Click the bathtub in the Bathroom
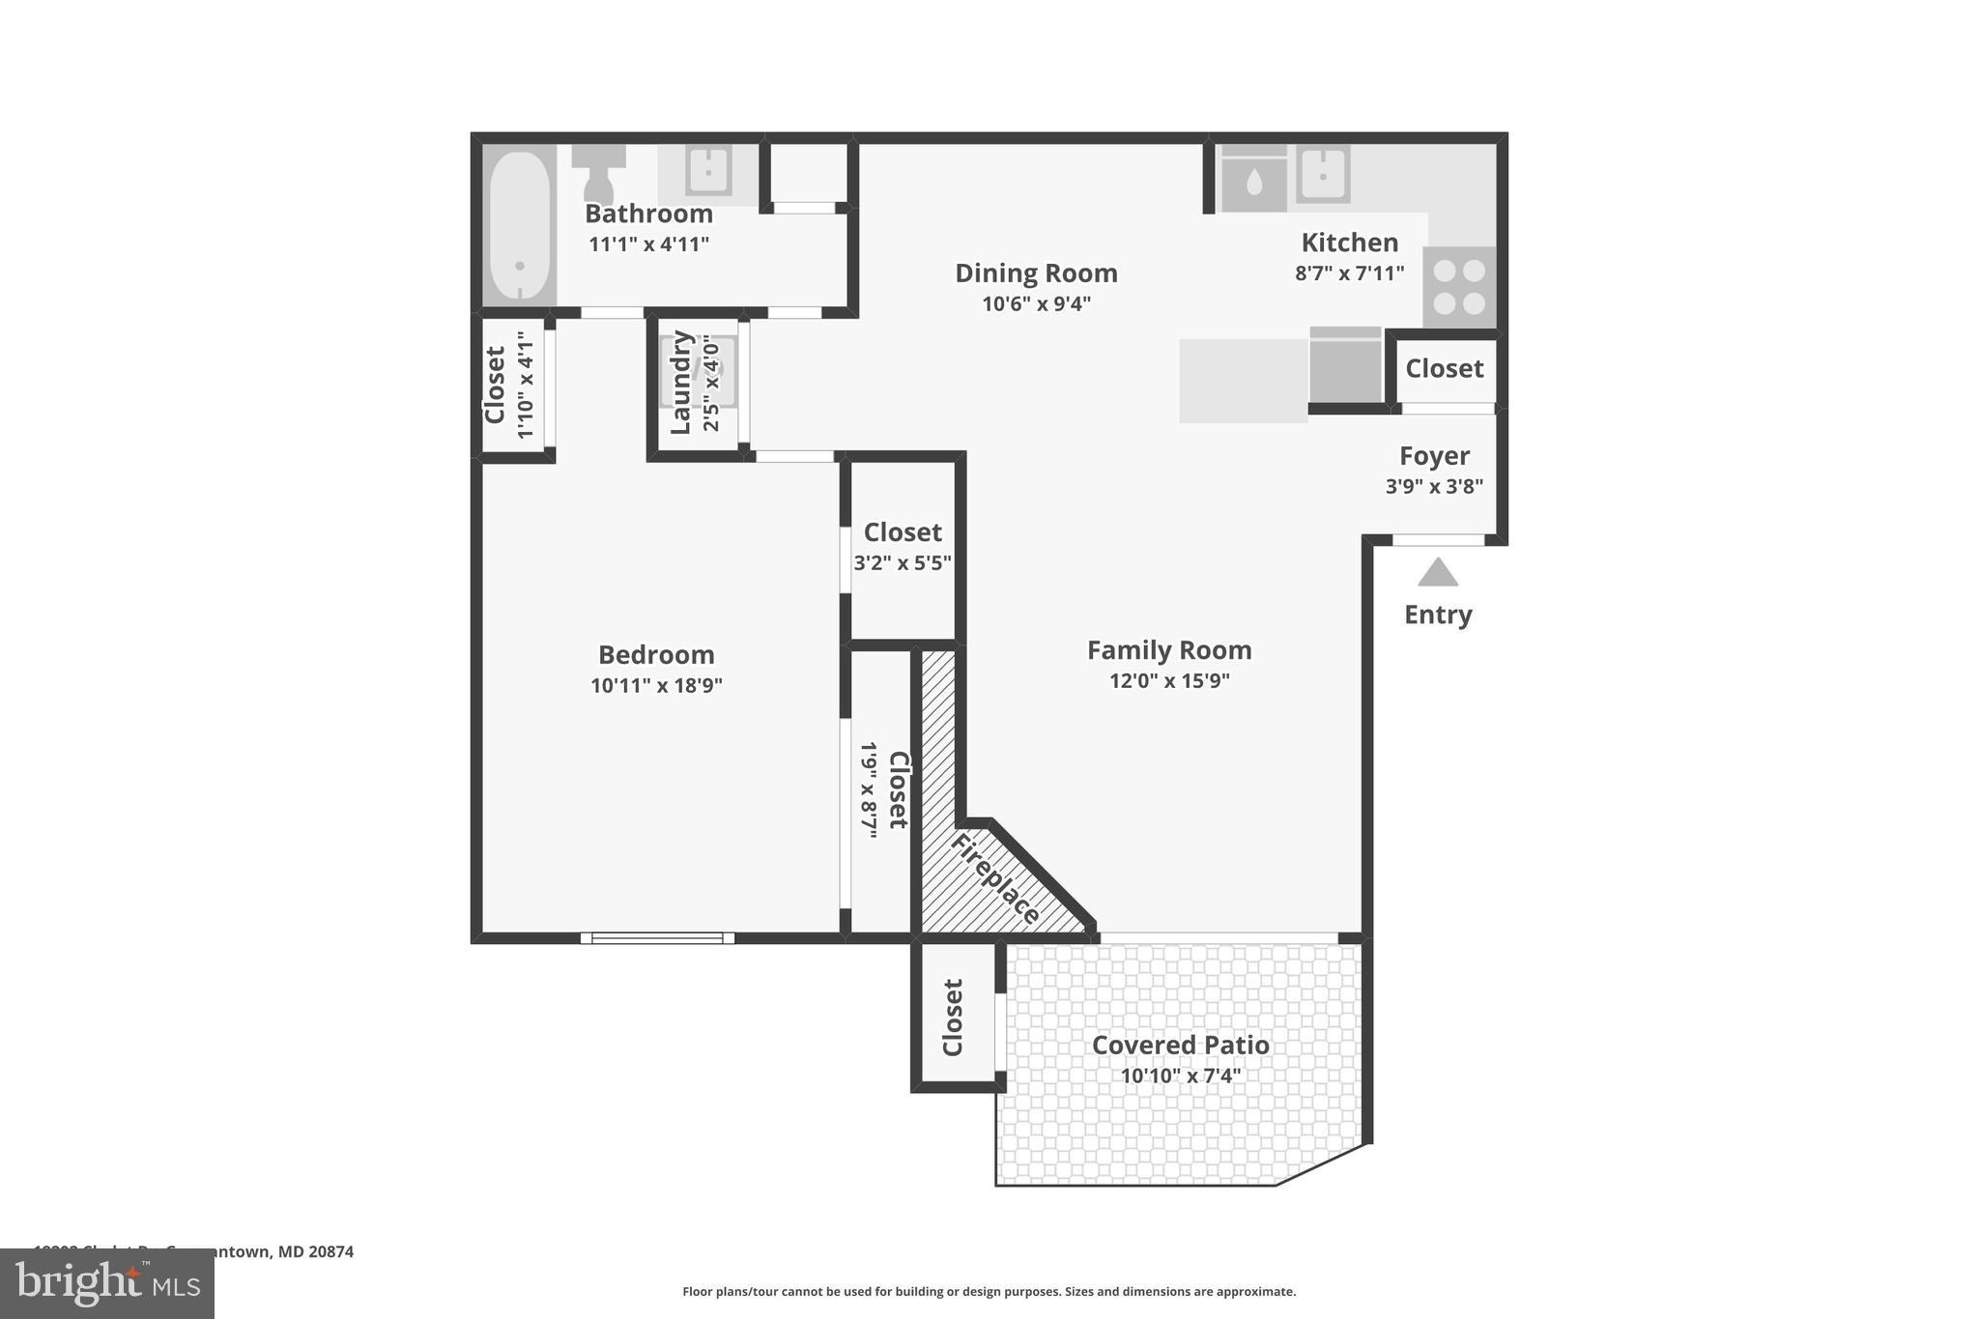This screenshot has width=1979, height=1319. coord(519,226)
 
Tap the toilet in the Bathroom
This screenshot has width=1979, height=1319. coord(598,172)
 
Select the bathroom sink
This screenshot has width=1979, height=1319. coord(708,172)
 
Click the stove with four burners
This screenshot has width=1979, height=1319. coord(1459,287)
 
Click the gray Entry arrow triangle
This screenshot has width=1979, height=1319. coord(1437,573)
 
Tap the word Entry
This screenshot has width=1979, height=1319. coord(1437,615)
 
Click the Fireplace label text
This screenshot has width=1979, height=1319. coord(995,879)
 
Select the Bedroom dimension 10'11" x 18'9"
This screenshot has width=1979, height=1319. coord(656,686)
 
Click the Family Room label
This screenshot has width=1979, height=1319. coord(1169,650)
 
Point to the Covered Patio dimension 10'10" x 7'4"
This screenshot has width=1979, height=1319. coord(1180,1075)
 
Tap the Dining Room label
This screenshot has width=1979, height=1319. coord(1036,273)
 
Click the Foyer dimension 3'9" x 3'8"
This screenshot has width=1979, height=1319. coord(1434,486)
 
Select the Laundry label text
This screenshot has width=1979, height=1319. coord(681,383)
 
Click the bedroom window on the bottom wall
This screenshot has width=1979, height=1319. coord(657,937)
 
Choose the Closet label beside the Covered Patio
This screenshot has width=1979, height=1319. coord(953,1018)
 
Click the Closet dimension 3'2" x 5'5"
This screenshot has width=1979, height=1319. coord(903,562)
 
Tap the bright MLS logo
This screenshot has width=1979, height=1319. coord(107,1283)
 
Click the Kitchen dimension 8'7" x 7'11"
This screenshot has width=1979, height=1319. coord(1349,273)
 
